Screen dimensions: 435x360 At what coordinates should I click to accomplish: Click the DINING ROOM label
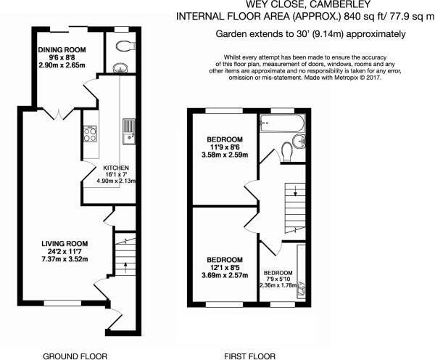coord(62,50)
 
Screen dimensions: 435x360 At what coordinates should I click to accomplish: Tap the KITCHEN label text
coord(116,168)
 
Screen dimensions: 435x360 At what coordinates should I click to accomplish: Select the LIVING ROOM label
coord(65,244)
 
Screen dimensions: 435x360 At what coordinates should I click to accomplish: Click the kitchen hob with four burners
coord(90,134)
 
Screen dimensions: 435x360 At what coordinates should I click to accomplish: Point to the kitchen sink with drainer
coord(129,131)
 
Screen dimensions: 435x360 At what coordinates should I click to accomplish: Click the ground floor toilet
coord(125,46)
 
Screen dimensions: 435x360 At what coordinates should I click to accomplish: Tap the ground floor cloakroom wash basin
coord(120,67)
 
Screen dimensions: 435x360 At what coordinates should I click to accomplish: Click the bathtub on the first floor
coord(282,123)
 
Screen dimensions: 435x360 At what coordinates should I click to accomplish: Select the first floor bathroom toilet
coord(286,152)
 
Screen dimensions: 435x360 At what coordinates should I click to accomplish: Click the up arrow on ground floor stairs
coord(125,267)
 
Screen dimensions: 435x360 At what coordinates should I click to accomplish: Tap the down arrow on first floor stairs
coord(295,191)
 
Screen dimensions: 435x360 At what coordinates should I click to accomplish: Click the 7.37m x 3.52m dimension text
coord(65,259)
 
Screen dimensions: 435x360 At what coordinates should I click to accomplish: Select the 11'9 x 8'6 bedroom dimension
coord(225,147)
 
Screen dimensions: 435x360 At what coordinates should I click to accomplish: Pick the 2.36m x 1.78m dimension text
coord(278,285)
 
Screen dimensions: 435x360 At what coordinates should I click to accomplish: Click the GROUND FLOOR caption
coord(75,356)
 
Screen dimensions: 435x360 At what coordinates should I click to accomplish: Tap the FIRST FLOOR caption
coord(249,356)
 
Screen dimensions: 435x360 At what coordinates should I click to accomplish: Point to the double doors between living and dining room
coord(58,115)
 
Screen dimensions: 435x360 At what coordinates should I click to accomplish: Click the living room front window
coord(62,303)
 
